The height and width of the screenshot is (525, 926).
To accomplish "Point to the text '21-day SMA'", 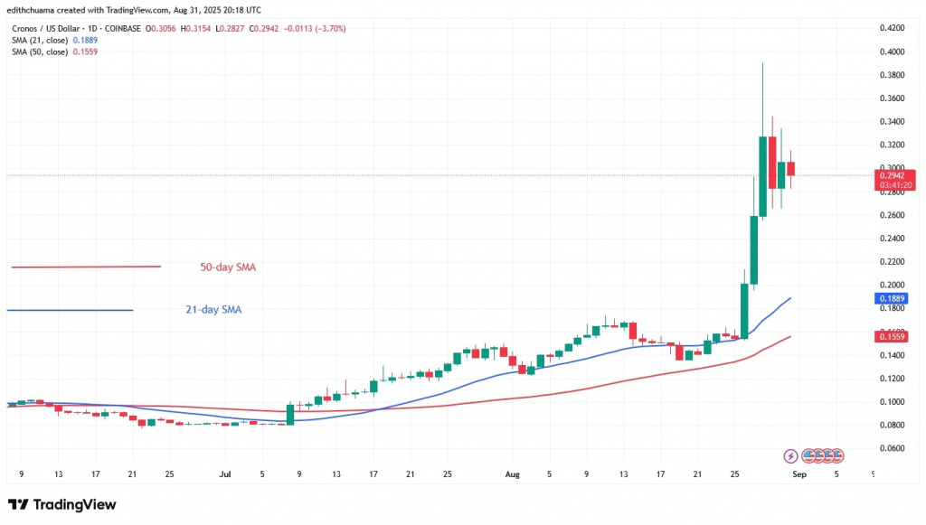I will click(x=207, y=310).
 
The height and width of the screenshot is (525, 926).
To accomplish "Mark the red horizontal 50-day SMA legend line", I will click(x=86, y=267).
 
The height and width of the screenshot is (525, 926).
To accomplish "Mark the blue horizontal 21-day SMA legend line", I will click(x=71, y=310).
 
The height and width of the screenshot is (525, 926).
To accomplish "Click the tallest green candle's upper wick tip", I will click(x=762, y=63).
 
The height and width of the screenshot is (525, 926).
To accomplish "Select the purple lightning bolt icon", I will click(x=791, y=455).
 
